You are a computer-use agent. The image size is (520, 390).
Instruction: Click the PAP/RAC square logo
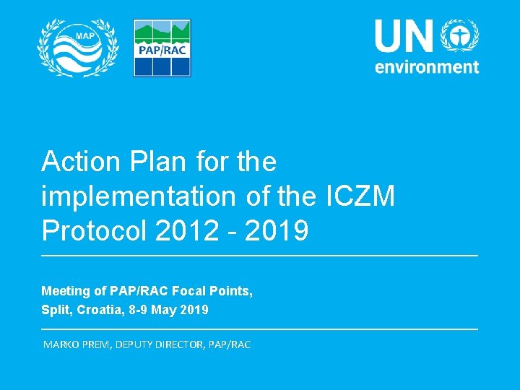point(162,48)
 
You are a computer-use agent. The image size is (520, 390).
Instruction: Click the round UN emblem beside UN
point(461,35)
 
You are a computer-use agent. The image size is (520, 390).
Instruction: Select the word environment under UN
point(426,66)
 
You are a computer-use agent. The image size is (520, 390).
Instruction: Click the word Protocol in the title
point(94,231)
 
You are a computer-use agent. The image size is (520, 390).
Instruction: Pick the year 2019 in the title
point(277,231)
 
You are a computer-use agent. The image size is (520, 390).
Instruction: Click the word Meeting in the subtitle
point(64,291)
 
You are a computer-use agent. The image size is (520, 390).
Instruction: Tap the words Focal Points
point(214,291)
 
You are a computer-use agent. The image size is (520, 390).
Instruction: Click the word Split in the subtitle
point(54,310)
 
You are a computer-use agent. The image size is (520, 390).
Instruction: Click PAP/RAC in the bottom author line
point(229,344)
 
